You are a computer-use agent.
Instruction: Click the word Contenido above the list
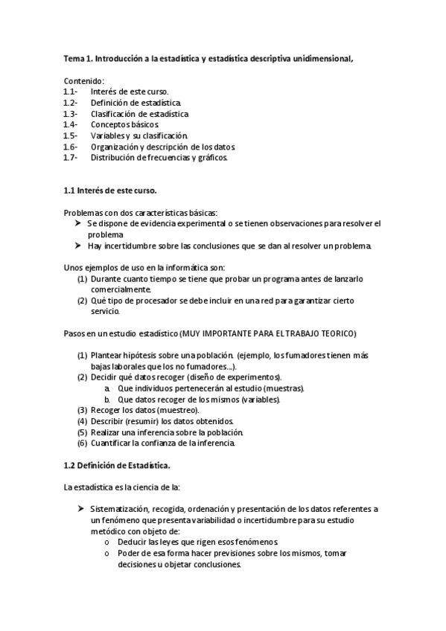(83, 80)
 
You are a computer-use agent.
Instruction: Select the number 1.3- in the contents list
(71, 114)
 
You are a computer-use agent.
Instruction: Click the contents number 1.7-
(71, 158)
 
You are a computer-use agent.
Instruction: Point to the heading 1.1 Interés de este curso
(109, 190)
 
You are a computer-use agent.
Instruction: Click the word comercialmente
(120, 289)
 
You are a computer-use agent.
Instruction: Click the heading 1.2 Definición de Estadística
(117, 466)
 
